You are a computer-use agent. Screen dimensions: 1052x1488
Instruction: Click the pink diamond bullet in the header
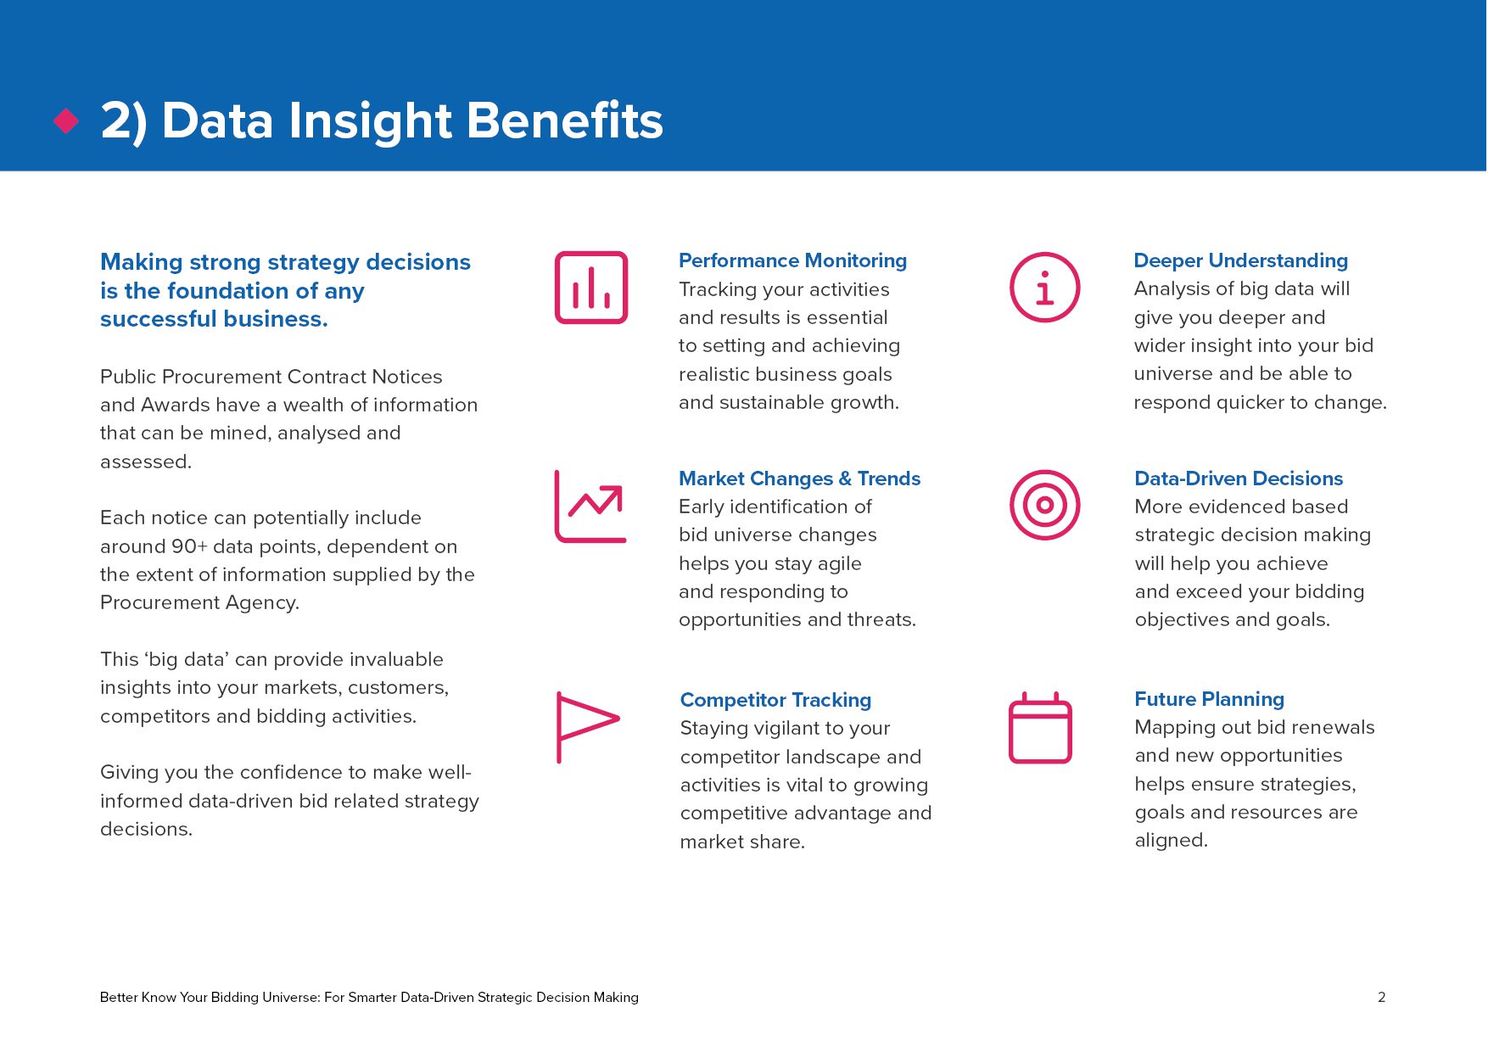point(66,120)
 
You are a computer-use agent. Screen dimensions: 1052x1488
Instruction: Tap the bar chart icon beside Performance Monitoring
point(591,288)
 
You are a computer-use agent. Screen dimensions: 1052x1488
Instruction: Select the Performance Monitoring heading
point(792,260)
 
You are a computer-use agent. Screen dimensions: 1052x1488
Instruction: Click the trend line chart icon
point(590,506)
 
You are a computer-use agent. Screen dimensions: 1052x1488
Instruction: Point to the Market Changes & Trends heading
point(799,478)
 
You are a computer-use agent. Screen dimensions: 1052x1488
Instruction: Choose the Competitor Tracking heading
point(775,700)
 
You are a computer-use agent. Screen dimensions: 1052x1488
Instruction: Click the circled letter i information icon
point(1044,288)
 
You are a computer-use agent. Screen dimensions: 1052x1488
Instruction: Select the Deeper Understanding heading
point(1240,260)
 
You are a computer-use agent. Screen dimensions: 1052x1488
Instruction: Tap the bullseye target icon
point(1044,506)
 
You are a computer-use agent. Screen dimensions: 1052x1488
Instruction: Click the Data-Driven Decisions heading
point(1239,478)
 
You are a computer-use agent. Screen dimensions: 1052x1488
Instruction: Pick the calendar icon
point(1040,729)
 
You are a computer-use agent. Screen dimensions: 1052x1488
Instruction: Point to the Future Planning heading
point(1209,699)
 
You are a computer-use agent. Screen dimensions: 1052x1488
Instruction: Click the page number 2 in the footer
point(1381,997)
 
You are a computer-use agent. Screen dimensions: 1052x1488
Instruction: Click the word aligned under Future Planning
point(1171,840)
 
